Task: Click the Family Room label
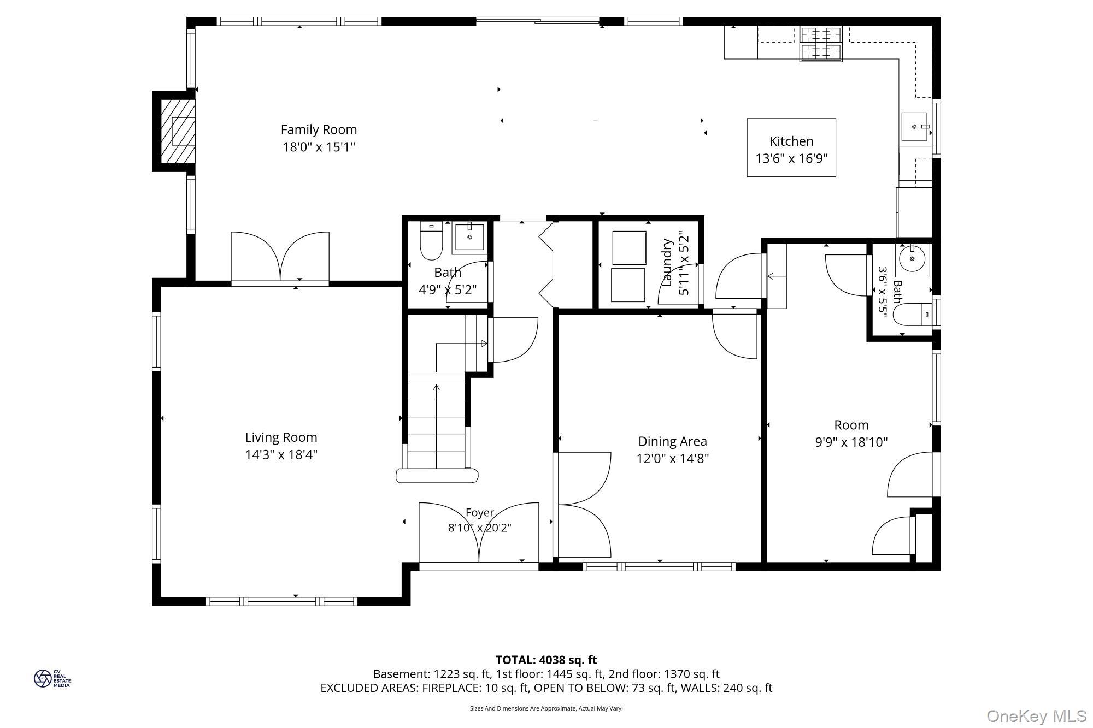click(x=319, y=129)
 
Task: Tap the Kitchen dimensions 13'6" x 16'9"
click(x=791, y=158)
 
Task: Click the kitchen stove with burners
click(x=821, y=44)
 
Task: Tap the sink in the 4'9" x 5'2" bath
click(x=469, y=237)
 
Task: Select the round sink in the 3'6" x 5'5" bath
click(x=912, y=260)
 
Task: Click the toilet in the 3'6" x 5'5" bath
click(x=912, y=314)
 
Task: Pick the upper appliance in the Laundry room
click(x=629, y=247)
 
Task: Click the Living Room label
click(x=281, y=437)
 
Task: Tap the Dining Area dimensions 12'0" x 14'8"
click(x=673, y=458)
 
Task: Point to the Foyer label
click(x=480, y=513)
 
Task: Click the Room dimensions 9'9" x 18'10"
click(x=851, y=442)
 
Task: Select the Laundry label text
click(x=667, y=263)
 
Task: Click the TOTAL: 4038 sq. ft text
click(x=546, y=660)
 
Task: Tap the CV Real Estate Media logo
click(x=52, y=678)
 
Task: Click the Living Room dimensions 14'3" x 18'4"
click(x=281, y=454)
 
